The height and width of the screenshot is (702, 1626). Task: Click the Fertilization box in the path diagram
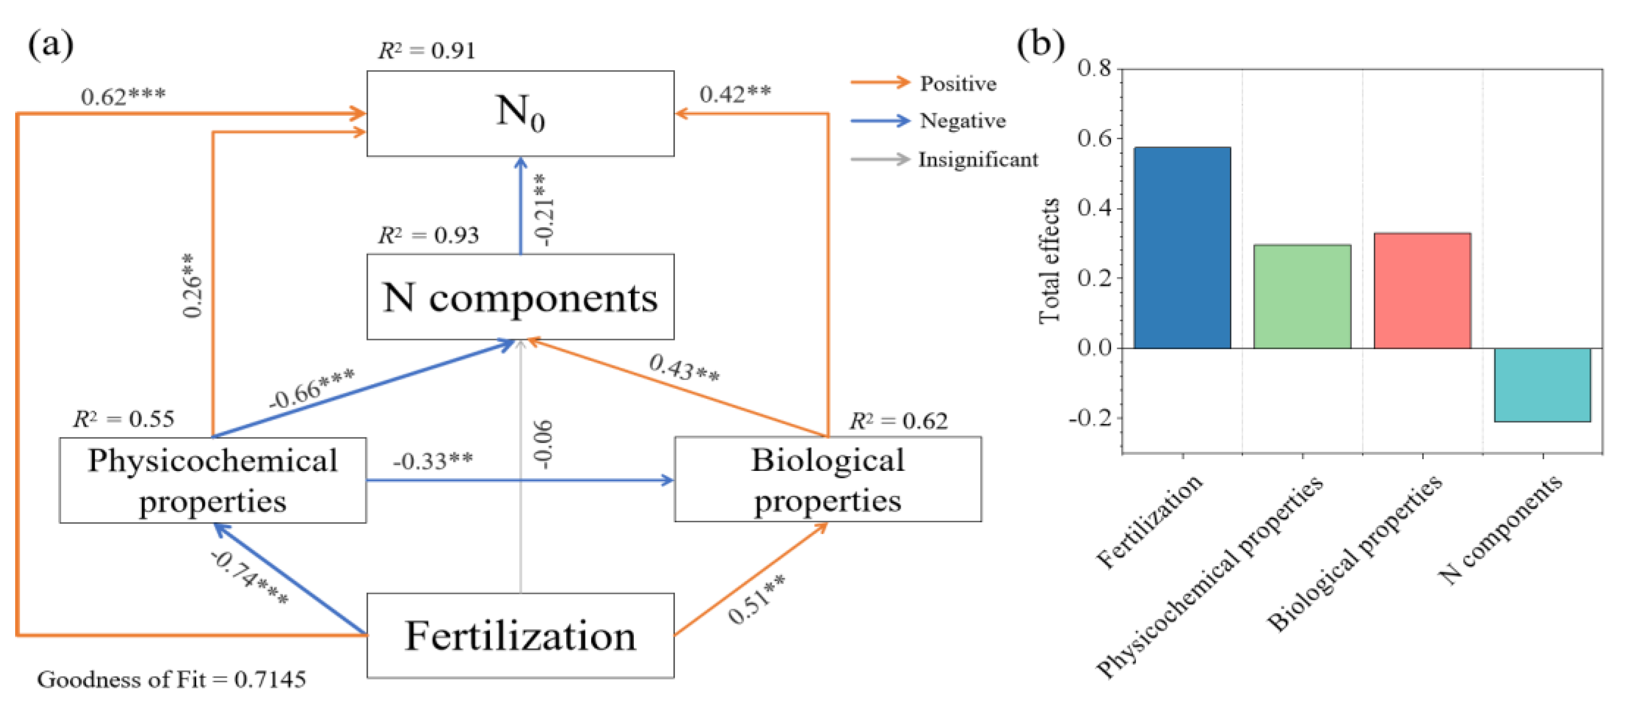[520, 635]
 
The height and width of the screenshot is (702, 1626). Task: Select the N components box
[520, 297]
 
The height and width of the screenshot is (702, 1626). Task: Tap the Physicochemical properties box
[213, 480]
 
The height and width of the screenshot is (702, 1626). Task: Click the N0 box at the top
[520, 113]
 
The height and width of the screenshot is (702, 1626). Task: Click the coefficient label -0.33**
[433, 461]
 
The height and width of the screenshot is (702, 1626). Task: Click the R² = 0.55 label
[124, 419]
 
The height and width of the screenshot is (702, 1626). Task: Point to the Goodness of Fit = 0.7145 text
[171, 680]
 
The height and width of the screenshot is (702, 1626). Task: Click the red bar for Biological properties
[1422, 290]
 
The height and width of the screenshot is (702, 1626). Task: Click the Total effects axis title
[1049, 260]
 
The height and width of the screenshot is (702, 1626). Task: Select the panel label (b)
[1041, 44]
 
